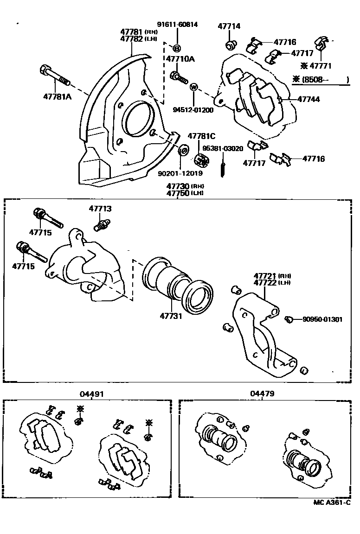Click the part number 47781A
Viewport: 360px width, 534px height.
[x=57, y=97]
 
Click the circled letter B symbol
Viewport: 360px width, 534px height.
[x=177, y=49]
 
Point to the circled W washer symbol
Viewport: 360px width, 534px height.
[x=194, y=88]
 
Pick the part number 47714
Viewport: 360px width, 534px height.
[x=229, y=26]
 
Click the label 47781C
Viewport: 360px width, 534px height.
[x=201, y=136]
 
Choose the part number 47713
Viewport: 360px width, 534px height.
[x=101, y=209]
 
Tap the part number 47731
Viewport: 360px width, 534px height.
[x=171, y=316]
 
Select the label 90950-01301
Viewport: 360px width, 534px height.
[x=322, y=319]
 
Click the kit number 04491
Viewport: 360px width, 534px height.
[x=91, y=394]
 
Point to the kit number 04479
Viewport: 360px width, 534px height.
[x=263, y=394]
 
